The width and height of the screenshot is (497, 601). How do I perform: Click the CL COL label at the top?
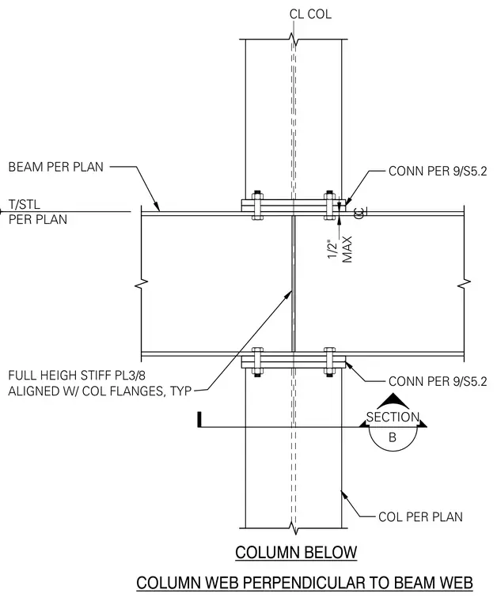point(310,14)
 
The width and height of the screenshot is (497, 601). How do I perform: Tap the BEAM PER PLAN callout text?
point(56,167)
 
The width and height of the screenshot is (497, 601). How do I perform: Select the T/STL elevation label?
point(25,204)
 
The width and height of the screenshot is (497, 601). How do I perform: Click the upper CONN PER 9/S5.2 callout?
point(438,171)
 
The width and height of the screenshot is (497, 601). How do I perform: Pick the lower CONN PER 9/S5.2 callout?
point(438,381)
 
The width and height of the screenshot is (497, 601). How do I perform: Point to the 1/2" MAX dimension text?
point(340,250)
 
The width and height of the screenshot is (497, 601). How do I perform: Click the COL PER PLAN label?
point(420,516)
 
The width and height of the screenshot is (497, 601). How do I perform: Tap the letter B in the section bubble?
point(393,437)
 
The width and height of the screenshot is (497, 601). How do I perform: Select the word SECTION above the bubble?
point(393,417)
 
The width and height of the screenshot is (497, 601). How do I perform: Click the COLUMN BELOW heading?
point(296,552)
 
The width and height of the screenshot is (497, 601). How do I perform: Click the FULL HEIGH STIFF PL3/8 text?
point(77,375)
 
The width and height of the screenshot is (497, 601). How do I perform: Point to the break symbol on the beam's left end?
point(142,284)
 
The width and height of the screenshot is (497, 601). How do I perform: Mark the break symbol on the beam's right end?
point(465,284)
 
